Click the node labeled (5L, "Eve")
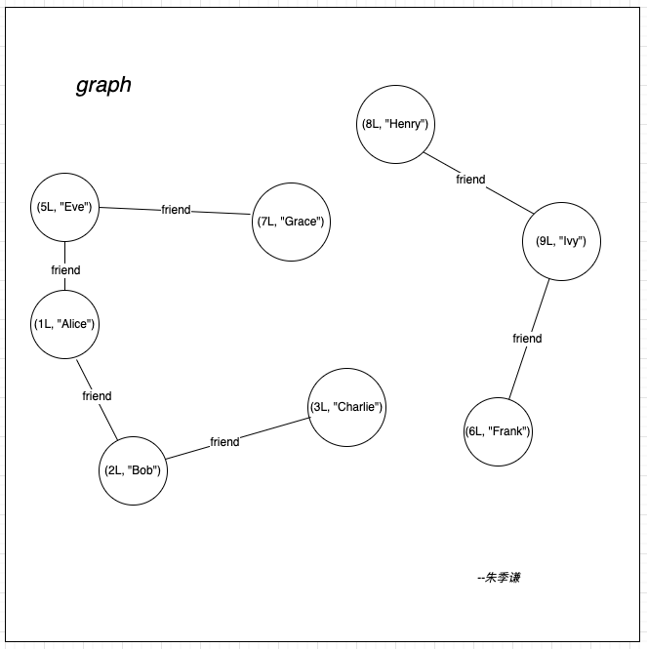tap(64, 207)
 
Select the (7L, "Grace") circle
tap(289, 223)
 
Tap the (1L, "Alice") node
tap(64, 324)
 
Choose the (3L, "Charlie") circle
tap(346, 407)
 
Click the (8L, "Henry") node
tap(394, 124)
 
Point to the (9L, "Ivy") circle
tap(560, 242)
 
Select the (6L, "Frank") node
tap(498, 431)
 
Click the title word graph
tap(103, 85)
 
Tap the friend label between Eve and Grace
tap(177, 210)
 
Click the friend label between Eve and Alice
tap(65, 270)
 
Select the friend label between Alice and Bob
tap(97, 396)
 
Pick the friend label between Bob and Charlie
tap(224, 442)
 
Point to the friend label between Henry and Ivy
tap(470, 180)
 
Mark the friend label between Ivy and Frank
tap(527, 339)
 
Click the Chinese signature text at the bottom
tap(499, 578)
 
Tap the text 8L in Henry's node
tap(372, 124)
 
